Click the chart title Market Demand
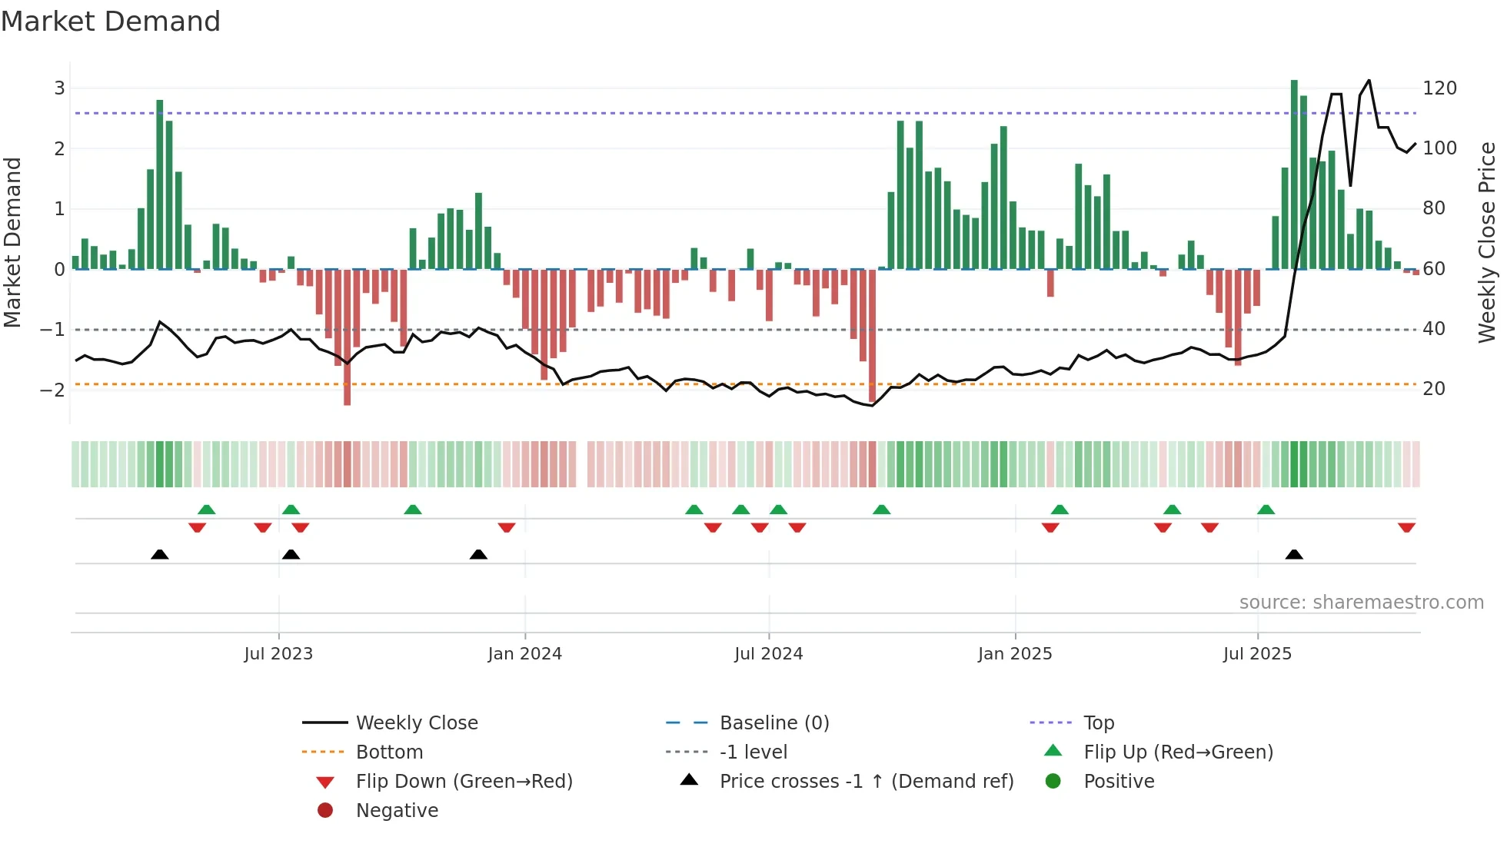(x=111, y=22)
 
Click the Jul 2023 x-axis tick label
(x=278, y=654)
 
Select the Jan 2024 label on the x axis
(x=524, y=654)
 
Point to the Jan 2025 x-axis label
(x=1014, y=654)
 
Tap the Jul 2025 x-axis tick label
(x=1257, y=654)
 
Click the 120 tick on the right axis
(x=1439, y=88)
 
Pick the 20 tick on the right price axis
(x=1434, y=389)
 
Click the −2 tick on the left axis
(x=52, y=390)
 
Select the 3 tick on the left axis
(x=59, y=88)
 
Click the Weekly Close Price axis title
(x=1487, y=242)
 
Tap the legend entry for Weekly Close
(x=416, y=723)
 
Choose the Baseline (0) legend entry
(x=773, y=723)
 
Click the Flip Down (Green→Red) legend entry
(x=464, y=782)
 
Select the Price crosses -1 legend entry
(x=866, y=782)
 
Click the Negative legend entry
(x=397, y=811)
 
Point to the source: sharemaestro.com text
(x=1361, y=603)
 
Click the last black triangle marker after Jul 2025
(x=1294, y=555)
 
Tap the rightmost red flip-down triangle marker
(x=1406, y=527)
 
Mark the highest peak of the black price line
(x=1369, y=81)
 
